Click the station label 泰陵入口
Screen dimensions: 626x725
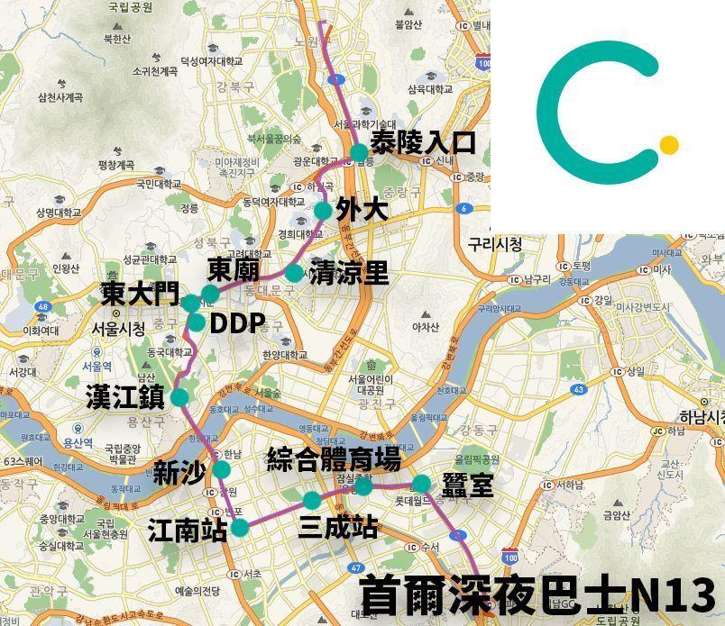[423, 142]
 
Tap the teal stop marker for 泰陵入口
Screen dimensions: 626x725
[359, 151]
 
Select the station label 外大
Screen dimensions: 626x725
[362, 210]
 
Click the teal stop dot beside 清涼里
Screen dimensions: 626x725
[294, 272]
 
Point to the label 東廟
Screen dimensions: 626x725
[234, 269]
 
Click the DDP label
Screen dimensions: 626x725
[237, 324]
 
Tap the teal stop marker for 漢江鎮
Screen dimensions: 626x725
[179, 397]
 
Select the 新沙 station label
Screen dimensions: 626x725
[180, 473]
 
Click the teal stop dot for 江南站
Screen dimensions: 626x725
[239, 527]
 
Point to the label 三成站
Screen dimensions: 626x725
[338, 528]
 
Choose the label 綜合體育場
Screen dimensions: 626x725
[334, 459]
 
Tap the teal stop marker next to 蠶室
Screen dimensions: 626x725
[421, 484]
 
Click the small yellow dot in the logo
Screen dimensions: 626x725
[668, 144]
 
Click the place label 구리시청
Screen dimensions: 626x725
[495, 244]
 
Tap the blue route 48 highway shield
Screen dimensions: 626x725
[42, 307]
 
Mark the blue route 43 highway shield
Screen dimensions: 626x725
[578, 390]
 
